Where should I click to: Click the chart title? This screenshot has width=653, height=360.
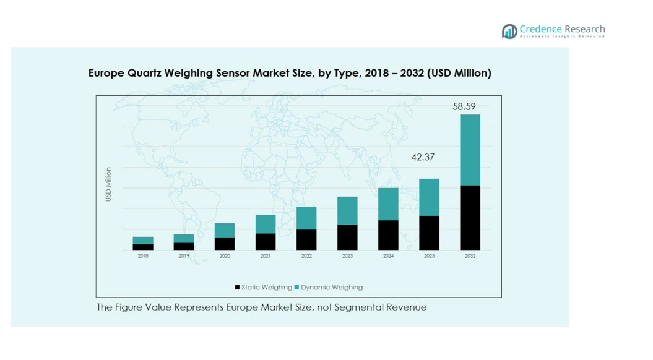point(290,73)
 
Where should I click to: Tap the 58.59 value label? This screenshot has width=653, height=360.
point(464,106)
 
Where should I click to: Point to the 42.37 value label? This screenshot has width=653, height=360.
point(423,157)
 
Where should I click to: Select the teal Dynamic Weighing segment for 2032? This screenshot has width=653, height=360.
point(470,150)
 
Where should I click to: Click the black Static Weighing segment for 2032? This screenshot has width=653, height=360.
point(470,218)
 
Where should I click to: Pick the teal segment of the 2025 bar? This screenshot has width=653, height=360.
point(429,197)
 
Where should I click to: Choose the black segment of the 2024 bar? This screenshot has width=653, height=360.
point(388,235)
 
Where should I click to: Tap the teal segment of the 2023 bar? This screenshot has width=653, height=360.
point(347,210)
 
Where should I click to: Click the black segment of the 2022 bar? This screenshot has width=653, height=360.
point(306,239)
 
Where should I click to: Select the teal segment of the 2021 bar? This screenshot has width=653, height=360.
point(266,224)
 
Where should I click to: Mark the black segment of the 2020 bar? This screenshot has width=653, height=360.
point(225,244)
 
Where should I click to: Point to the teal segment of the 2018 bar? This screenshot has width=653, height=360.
point(143,241)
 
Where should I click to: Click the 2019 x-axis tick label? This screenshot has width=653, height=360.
point(184,256)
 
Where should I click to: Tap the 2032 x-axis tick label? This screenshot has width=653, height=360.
point(470,256)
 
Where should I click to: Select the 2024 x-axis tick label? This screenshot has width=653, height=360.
point(388,256)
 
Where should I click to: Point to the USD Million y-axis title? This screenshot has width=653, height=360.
point(108,184)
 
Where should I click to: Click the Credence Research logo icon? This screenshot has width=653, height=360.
point(509,31)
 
